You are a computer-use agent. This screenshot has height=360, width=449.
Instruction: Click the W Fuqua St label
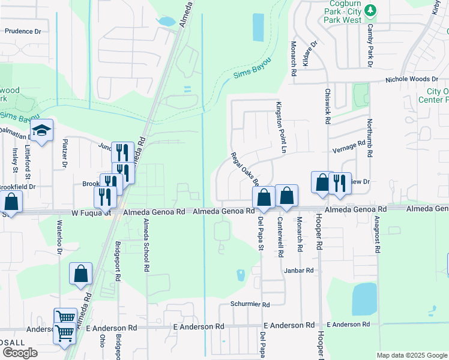tap(91, 212)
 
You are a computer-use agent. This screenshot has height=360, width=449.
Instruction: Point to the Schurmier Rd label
tap(250, 304)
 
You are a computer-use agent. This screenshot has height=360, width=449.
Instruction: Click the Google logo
tap(20, 353)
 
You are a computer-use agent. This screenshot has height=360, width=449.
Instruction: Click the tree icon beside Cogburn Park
tap(371, 10)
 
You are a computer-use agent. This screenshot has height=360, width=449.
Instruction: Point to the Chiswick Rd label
tap(328, 107)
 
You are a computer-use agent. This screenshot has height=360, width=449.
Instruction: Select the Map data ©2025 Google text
tap(411, 355)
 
